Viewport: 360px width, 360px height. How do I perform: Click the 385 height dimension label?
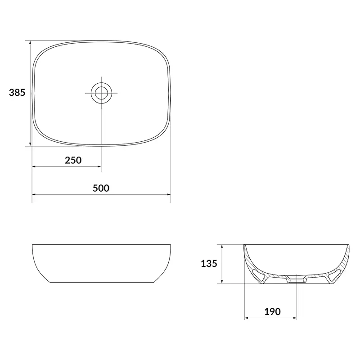17,93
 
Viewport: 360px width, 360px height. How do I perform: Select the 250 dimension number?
73,160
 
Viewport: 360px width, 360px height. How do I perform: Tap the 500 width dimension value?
101,188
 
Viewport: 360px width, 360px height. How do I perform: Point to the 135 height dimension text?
209,264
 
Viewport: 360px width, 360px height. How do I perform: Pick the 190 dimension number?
273,312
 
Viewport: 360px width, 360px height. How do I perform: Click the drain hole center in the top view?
101,93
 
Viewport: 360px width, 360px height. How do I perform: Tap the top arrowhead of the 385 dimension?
30,43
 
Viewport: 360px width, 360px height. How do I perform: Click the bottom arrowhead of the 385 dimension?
30,143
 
